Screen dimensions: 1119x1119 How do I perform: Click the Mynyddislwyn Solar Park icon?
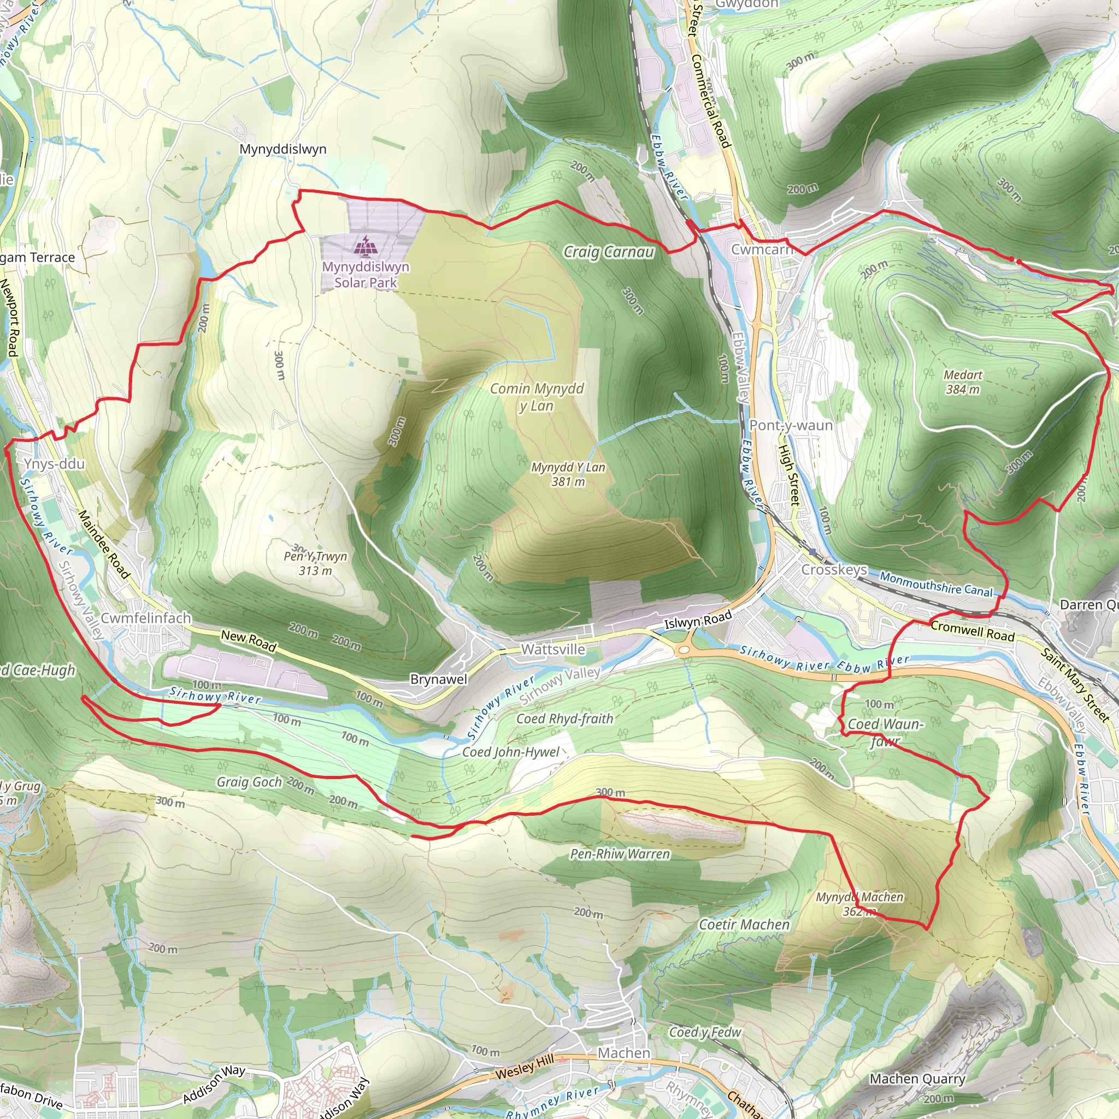coord(366,246)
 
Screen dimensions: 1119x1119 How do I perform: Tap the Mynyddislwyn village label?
coord(282,149)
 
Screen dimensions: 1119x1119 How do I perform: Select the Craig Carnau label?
coord(608,252)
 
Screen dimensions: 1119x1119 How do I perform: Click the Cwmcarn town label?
coord(761,249)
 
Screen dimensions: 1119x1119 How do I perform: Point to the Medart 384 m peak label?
coord(963,382)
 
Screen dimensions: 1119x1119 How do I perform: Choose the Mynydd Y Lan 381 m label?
coord(568,474)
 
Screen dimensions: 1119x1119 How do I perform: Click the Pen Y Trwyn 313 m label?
coord(316,563)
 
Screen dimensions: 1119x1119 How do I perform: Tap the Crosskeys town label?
coord(834,569)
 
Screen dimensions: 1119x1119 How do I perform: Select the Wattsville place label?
coord(553,649)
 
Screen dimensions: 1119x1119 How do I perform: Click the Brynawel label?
coord(438,679)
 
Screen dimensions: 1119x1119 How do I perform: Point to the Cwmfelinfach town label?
coord(146,618)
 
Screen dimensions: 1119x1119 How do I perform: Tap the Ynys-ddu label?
coord(55,463)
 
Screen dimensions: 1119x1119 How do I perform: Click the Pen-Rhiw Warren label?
coord(620,854)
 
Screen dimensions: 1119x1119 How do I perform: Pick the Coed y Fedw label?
coord(705,1032)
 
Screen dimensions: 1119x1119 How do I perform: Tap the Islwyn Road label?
coord(698,620)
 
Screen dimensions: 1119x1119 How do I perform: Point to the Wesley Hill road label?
coord(524,1067)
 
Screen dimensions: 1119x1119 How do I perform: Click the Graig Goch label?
coord(249,782)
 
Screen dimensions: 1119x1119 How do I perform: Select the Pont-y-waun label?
coord(791,425)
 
